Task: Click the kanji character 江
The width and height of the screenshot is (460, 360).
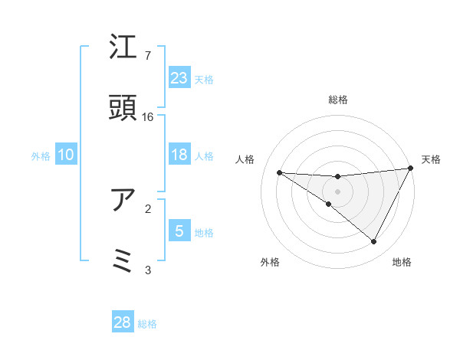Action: point(123,47)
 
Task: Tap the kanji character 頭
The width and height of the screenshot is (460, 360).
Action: point(123,108)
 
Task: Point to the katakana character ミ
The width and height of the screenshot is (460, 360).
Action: point(123,260)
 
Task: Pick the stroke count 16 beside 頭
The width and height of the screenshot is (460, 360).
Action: point(148,117)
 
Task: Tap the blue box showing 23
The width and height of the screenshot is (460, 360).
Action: point(179,77)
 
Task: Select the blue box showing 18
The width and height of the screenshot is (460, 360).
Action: point(179,155)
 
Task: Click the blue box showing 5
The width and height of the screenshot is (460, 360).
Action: point(179,231)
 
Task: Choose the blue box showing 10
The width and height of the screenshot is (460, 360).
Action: point(66,155)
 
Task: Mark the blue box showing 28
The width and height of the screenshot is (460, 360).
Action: point(123,322)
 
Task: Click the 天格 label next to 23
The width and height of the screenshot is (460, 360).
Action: point(204,79)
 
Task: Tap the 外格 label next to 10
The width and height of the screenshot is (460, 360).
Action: point(41,156)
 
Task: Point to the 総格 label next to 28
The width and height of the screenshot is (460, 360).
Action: point(147,324)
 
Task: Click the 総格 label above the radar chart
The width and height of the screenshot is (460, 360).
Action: point(338,100)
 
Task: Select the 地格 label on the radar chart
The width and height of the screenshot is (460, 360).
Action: point(402,262)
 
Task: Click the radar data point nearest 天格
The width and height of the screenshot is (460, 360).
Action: point(411,169)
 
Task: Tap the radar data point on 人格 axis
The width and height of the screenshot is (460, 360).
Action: point(279,172)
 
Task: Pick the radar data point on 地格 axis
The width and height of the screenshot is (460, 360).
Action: point(374,242)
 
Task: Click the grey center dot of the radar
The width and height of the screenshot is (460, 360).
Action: point(338,191)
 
